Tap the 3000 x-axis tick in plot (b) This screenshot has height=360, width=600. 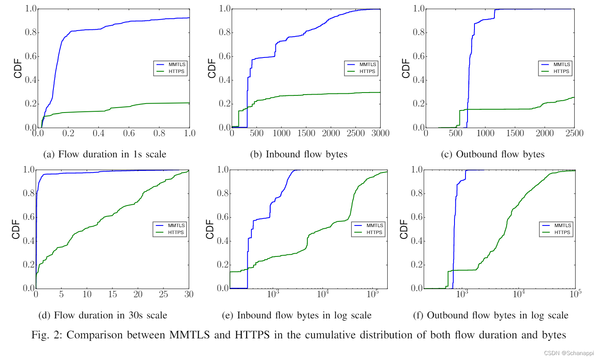(380, 133)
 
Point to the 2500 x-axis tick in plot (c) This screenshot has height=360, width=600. (574, 133)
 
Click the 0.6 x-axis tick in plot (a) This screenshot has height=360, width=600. (129, 133)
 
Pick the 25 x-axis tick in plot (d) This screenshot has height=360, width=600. (163, 294)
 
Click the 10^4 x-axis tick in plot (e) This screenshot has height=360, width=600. (323, 294)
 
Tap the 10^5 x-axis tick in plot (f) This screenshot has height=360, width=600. (575, 294)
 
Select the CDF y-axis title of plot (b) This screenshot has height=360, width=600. (212, 68)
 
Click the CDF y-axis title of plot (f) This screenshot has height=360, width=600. (404, 229)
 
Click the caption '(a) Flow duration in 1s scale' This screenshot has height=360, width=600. (105, 154)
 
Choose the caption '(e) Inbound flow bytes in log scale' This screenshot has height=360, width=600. (296, 315)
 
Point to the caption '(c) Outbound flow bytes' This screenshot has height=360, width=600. (492, 154)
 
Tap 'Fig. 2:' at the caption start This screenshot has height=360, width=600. (46, 335)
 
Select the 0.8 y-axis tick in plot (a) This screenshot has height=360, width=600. (31, 32)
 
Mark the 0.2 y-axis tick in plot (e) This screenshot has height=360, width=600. (223, 265)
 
